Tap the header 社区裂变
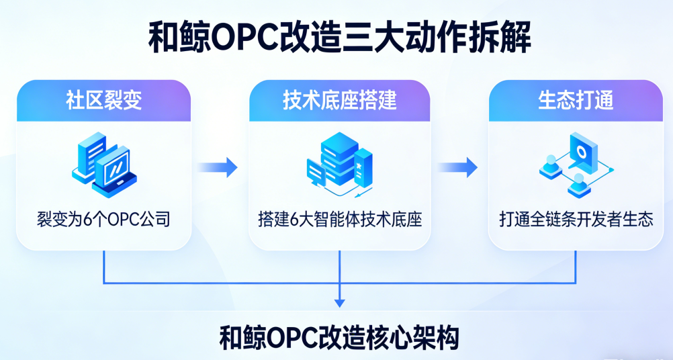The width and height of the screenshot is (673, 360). (103, 101)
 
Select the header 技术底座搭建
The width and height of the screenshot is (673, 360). (339, 101)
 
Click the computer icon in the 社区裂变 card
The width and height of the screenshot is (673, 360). (105, 165)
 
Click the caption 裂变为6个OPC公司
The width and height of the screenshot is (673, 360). (103, 219)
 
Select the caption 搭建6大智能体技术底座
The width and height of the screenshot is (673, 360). (340, 219)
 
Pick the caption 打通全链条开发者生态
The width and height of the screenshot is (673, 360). (576, 219)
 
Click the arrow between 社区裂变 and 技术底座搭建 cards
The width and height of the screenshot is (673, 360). (219, 167)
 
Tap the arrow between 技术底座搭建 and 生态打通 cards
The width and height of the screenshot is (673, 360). (457, 167)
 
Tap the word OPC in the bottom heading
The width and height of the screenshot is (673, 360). (292, 337)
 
